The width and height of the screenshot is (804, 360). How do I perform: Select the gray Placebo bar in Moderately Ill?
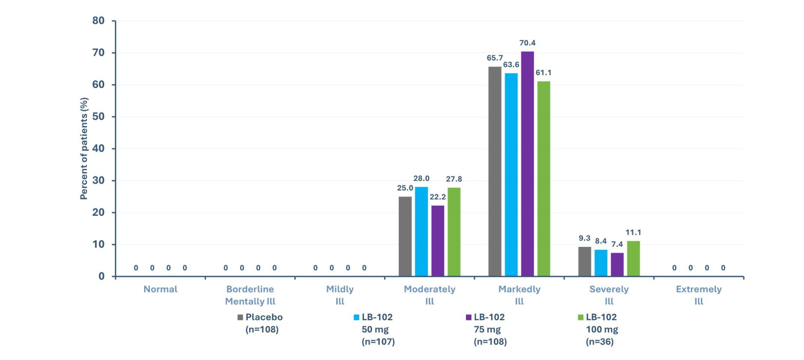[x=405, y=236]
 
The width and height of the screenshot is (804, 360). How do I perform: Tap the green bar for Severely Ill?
[x=633, y=258]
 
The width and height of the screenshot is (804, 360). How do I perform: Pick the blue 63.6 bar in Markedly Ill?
[x=511, y=175]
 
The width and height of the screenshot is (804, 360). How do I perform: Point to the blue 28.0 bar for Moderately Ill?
[x=421, y=232]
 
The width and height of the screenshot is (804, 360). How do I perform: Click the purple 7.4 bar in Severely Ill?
[x=617, y=264]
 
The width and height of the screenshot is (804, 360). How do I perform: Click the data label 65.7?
[x=495, y=58]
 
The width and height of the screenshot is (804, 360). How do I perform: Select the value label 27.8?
[x=454, y=179]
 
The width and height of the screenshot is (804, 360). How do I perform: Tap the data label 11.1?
[x=633, y=233]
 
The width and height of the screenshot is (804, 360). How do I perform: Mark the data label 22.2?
[x=437, y=197]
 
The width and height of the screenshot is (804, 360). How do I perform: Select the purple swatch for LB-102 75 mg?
[x=468, y=317]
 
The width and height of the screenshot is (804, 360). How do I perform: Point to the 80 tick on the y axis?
[x=98, y=21]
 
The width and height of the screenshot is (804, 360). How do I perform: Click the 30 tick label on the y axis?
[x=98, y=181]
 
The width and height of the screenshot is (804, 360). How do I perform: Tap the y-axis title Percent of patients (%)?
[x=84, y=148]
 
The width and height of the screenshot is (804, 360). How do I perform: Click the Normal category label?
[x=160, y=289]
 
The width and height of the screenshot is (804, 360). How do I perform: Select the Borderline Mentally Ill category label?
[x=250, y=295]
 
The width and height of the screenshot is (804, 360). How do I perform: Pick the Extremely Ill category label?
[x=699, y=295]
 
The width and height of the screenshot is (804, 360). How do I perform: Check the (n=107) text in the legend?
[x=378, y=342]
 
